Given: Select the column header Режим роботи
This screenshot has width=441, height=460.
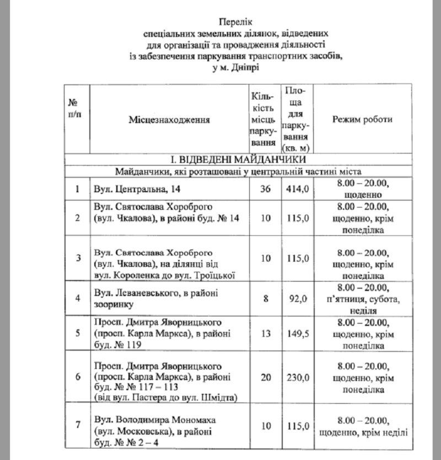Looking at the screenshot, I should tap(362, 119).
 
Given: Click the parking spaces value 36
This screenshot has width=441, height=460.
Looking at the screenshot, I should tap(266, 189).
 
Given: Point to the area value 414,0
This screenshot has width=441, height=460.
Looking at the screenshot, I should tap(297, 189).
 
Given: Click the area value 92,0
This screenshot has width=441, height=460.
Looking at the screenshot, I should tap(297, 299).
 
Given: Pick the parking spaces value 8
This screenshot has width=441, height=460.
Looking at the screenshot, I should tap(266, 299).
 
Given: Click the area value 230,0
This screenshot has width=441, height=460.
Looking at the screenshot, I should tap(297, 378).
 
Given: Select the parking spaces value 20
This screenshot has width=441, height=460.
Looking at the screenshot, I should tap(266, 378).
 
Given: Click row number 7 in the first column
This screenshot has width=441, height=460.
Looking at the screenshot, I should tap(78, 425).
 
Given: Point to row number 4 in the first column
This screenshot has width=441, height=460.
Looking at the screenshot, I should tap(78, 299).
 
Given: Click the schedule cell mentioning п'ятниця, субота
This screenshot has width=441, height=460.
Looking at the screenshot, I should tap(362, 299).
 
